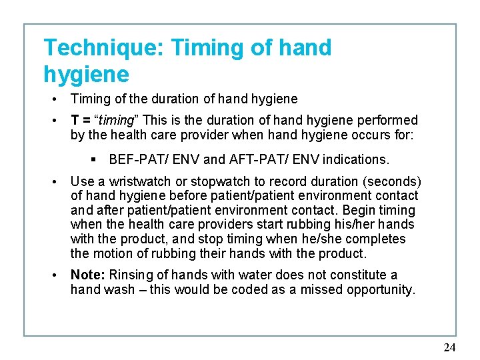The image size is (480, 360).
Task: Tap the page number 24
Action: click(x=449, y=347)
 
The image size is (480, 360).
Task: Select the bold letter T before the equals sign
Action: click(x=75, y=121)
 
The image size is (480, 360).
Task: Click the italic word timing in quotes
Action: click(x=116, y=121)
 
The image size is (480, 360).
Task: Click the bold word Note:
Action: click(x=88, y=275)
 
